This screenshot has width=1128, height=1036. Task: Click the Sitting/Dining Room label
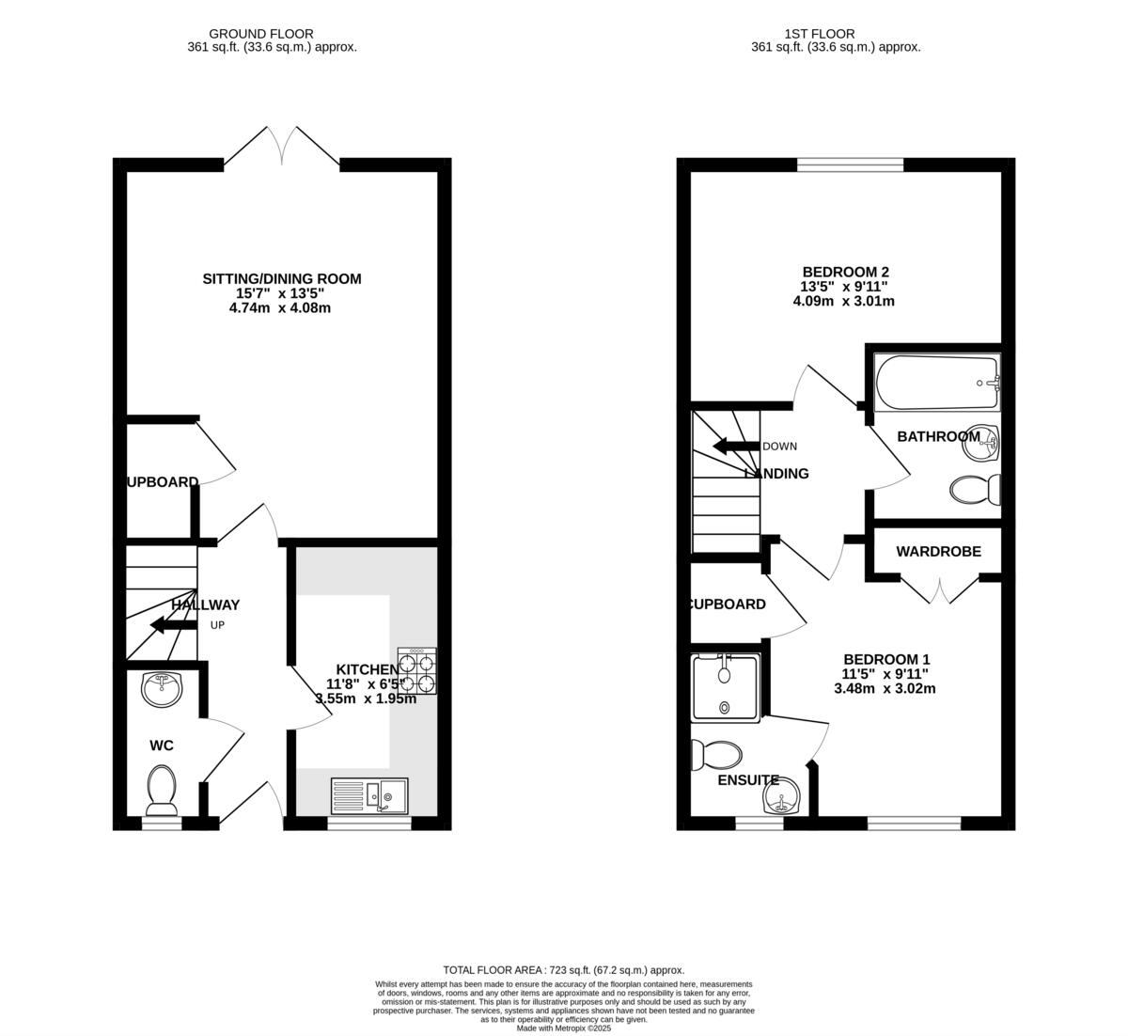(x=282, y=279)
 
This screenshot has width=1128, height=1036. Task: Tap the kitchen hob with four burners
(x=417, y=671)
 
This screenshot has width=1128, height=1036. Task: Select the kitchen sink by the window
(x=369, y=796)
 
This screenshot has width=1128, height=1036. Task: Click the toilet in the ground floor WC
(x=162, y=788)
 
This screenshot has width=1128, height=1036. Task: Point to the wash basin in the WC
(x=163, y=687)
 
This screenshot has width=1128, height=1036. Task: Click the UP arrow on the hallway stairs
(x=169, y=625)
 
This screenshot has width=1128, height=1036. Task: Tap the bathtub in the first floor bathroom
(x=937, y=383)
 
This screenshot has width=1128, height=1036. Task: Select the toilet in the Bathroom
(x=975, y=490)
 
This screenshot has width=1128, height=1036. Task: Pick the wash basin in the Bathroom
(x=981, y=442)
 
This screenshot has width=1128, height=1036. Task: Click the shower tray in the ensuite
(x=724, y=688)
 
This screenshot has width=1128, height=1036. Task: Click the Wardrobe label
(x=938, y=552)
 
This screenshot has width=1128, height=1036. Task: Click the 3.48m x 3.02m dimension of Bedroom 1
(x=885, y=688)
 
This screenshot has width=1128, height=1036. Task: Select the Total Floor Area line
(x=563, y=970)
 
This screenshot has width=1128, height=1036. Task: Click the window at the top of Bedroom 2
(x=850, y=165)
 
